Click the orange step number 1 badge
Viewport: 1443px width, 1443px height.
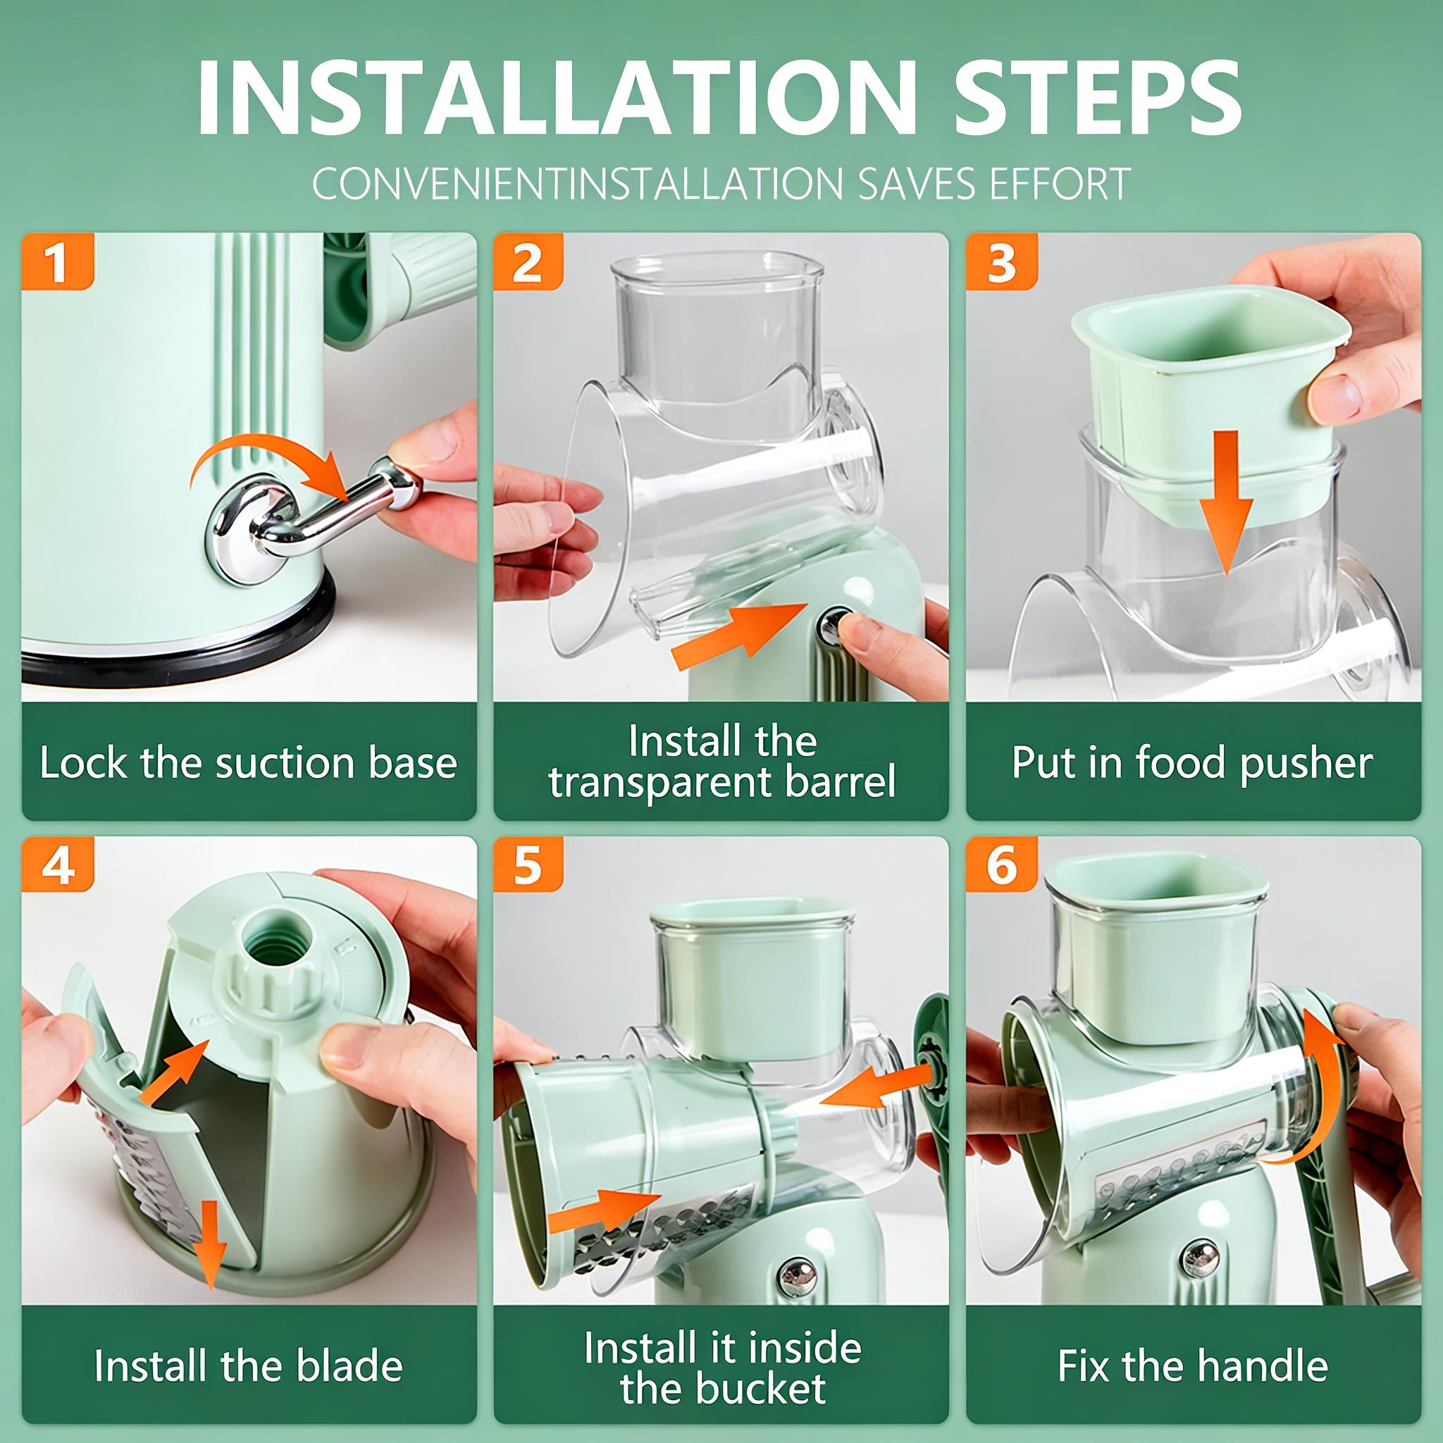click(58, 261)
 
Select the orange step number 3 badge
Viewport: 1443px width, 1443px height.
click(1002, 261)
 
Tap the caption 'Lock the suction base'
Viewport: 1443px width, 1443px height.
click(249, 763)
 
